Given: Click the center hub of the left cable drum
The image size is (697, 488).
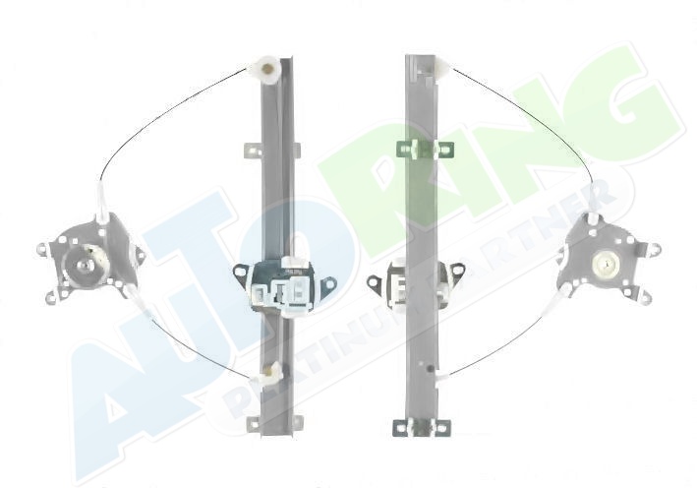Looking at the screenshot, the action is tap(85, 265).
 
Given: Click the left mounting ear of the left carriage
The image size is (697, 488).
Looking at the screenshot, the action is tap(243, 273).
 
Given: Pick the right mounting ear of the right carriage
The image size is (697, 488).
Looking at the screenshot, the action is tap(455, 270).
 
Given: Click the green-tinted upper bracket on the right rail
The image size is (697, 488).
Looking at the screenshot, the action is tap(424, 150).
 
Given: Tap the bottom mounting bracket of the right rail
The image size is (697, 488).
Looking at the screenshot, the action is tap(422, 428).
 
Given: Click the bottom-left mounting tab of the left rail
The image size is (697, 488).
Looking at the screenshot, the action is tap(254, 423).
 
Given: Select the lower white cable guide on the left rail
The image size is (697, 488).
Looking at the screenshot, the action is tap(267, 374).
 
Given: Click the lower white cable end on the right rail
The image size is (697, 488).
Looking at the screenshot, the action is tap(442, 377).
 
